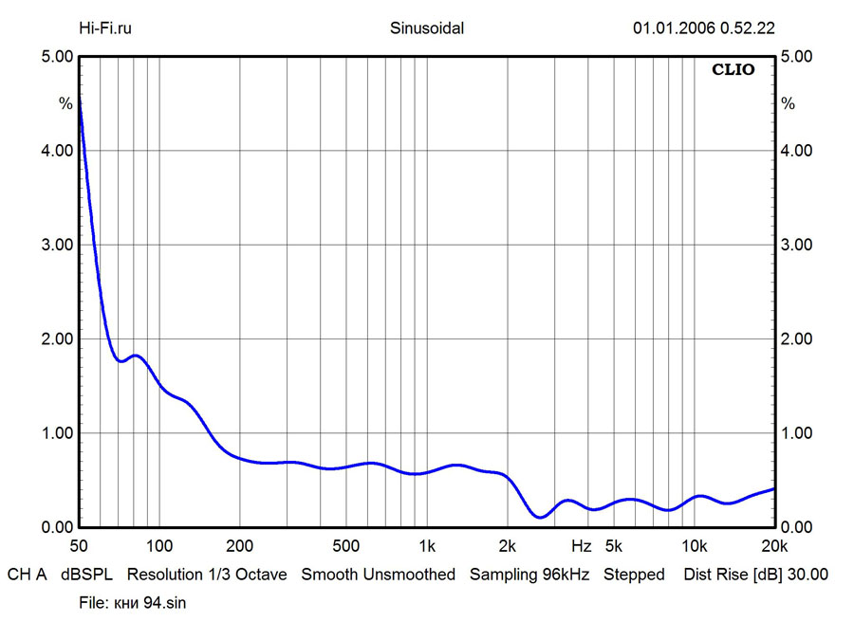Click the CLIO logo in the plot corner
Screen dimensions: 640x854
(733, 70)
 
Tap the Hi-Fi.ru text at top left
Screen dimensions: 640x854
(104, 28)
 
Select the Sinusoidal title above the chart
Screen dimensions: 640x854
(427, 28)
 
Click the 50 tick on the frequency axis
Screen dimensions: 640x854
(79, 546)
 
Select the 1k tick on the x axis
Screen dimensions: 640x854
(427, 546)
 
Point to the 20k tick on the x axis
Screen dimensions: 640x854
(774, 546)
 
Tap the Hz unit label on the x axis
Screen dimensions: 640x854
(581, 546)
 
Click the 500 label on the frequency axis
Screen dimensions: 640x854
(346, 546)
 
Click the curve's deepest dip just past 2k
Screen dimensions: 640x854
(540, 517)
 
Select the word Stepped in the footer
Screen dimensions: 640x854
(634, 575)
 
